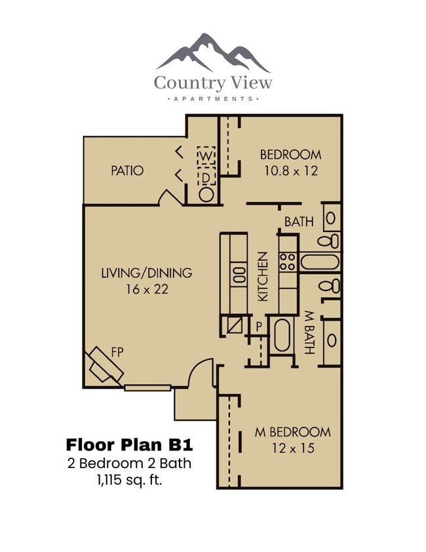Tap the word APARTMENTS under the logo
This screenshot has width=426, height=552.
pyautogui.click(x=213, y=98)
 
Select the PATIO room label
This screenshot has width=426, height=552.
pyautogui.click(x=127, y=170)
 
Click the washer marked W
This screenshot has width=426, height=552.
pyautogui.click(x=206, y=156)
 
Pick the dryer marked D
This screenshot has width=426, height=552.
pyautogui.click(x=206, y=177)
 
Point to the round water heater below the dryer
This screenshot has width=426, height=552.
pyautogui.click(x=206, y=194)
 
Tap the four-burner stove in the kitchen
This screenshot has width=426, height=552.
pyautogui.click(x=287, y=262)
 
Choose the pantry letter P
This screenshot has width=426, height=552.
pyautogui.click(x=259, y=326)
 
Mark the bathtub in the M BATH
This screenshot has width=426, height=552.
pyautogui.click(x=282, y=336)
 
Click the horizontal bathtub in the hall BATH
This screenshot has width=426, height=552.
pyautogui.click(x=320, y=262)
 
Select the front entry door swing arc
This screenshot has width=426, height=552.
pyautogui.click(x=200, y=372)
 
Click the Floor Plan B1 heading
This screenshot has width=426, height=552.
pyautogui.click(x=129, y=444)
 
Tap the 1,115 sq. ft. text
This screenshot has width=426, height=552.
pyautogui.click(x=129, y=480)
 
